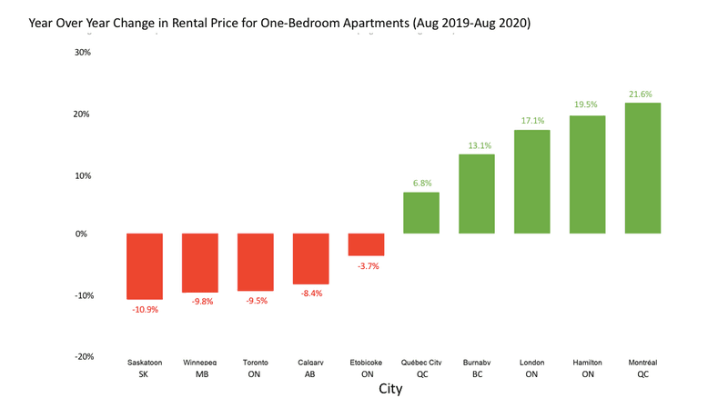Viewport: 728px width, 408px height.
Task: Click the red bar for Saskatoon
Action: tap(145, 266)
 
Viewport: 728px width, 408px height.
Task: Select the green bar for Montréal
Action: tap(642, 168)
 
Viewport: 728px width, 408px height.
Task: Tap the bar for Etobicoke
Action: tap(366, 244)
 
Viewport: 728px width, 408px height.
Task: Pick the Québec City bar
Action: tap(421, 213)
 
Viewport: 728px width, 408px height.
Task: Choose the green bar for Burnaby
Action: tap(477, 194)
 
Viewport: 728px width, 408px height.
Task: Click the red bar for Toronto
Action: tap(256, 262)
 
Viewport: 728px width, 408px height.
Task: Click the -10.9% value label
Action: tap(145, 310)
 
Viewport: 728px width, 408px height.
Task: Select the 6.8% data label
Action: tap(421, 183)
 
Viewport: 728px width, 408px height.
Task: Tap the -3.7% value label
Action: tap(366, 266)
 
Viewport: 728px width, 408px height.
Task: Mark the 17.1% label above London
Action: tap(532, 121)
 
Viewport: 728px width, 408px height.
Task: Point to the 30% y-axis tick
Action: tap(81, 52)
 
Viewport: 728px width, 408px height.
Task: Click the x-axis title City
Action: tap(389, 390)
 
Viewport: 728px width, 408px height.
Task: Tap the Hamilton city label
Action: tap(587, 362)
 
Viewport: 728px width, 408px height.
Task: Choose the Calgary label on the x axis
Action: tap(310, 362)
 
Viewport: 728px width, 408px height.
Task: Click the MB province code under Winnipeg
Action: tap(199, 373)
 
